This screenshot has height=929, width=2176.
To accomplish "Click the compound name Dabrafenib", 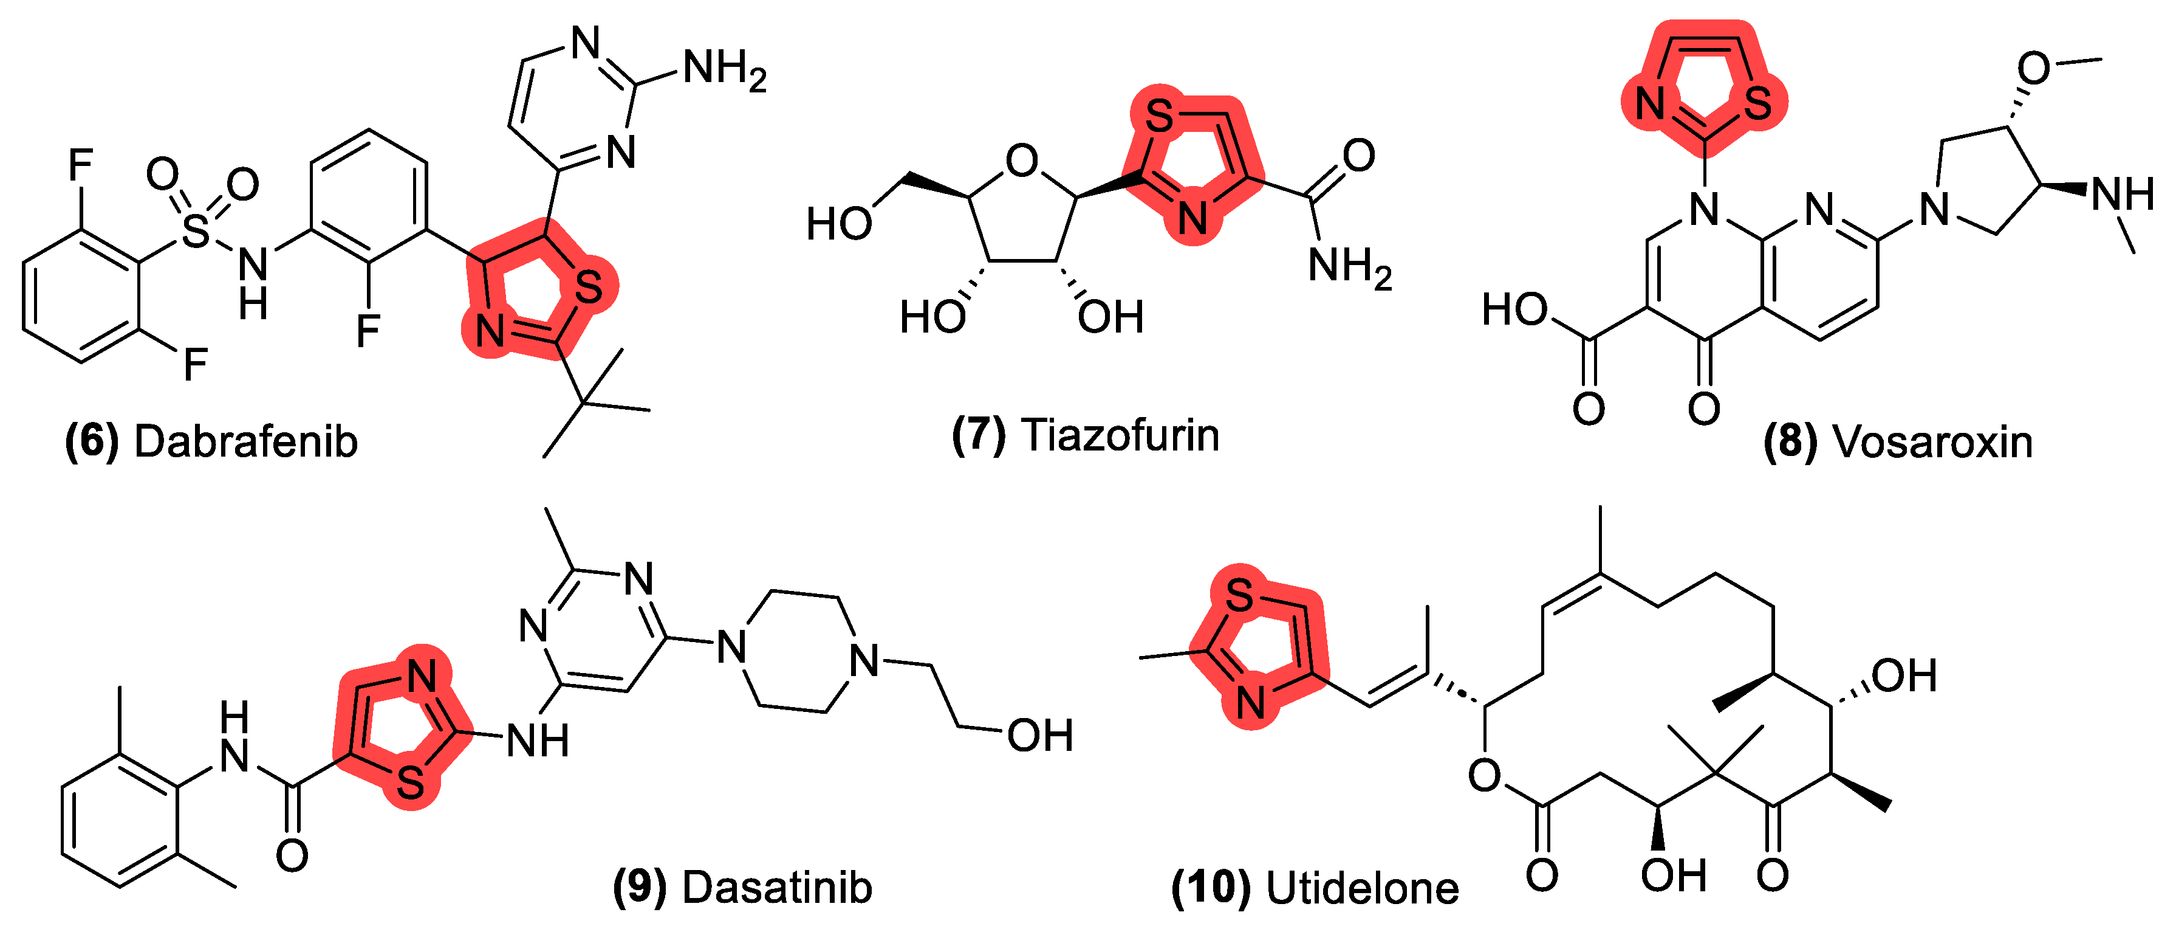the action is [246, 442].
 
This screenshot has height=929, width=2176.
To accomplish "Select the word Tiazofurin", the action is [1120, 435].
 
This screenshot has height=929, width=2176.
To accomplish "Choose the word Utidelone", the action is [1363, 888].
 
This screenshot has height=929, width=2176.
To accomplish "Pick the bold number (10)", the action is [1211, 888].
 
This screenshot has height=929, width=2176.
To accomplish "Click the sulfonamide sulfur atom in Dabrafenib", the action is [195, 230].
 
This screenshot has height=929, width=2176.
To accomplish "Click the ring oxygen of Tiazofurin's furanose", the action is [1022, 161].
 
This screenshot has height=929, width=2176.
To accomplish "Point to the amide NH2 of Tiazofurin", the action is [1350, 268].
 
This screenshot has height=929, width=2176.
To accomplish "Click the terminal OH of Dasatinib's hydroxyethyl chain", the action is [1041, 736].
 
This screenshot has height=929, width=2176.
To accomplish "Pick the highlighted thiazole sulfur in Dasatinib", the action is [411, 782].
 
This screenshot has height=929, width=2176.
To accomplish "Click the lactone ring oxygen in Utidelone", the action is [1484, 775].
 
